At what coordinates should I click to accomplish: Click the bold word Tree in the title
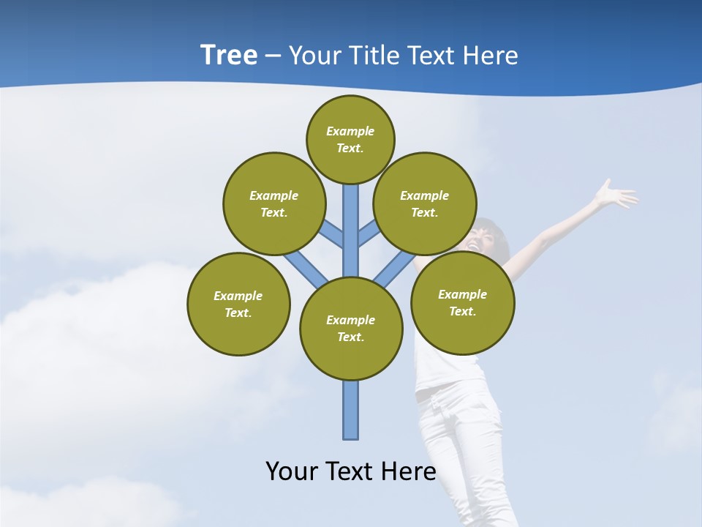(x=229, y=56)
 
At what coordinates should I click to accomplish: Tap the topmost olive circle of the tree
(x=350, y=139)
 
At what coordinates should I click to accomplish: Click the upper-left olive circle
(x=274, y=203)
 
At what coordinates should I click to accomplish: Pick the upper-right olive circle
(x=425, y=203)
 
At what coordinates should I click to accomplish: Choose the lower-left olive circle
(x=238, y=304)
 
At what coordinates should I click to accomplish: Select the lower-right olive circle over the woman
(x=462, y=302)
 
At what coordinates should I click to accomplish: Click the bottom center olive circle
(x=351, y=328)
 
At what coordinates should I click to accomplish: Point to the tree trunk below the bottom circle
(x=351, y=410)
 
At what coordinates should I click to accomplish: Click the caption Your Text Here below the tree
(x=351, y=471)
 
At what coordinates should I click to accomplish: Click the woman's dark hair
(x=498, y=238)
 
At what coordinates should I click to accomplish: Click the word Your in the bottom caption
(x=291, y=471)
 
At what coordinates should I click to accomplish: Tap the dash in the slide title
(x=273, y=56)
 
